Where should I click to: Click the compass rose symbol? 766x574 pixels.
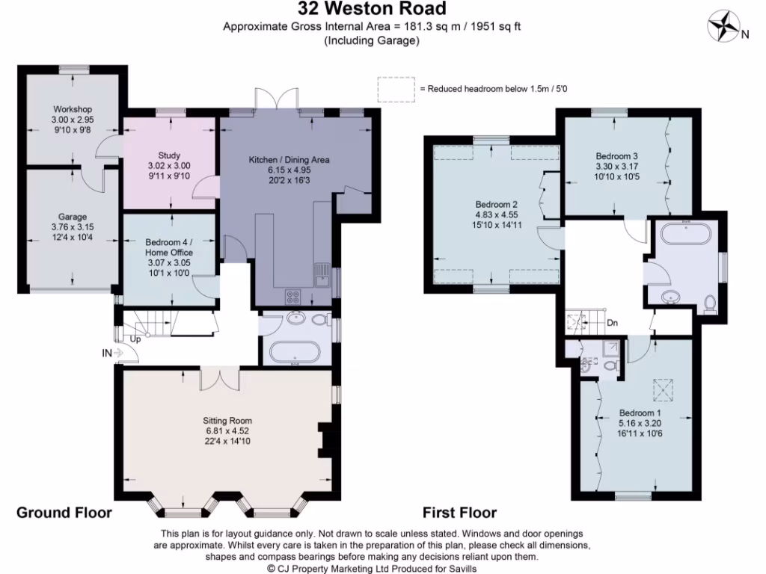(x=724, y=25)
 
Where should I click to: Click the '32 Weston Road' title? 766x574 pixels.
(x=373, y=8)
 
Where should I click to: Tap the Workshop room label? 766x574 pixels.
(x=73, y=109)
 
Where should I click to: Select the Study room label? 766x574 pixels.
(x=169, y=155)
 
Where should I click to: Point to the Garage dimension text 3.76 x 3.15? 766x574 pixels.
(x=73, y=227)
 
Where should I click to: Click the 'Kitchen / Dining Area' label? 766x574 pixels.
(x=289, y=160)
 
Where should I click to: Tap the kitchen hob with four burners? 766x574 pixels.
(x=293, y=296)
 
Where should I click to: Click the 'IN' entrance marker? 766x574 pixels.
(x=107, y=353)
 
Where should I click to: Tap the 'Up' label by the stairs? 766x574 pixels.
(x=135, y=339)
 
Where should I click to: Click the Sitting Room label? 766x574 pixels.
(x=227, y=421)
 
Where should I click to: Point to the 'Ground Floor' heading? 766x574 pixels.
(x=64, y=513)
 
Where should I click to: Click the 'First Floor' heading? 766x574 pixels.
(x=459, y=513)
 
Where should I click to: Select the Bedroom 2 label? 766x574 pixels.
(x=497, y=205)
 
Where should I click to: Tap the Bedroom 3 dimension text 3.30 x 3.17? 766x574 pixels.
(x=616, y=167)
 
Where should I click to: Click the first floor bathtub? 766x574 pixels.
(x=686, y=233)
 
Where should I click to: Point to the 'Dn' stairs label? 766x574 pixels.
(x=612, y=323)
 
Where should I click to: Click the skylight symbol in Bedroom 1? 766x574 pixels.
(x=663, y=389)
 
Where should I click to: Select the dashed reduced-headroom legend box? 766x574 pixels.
(x=396, y=90)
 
